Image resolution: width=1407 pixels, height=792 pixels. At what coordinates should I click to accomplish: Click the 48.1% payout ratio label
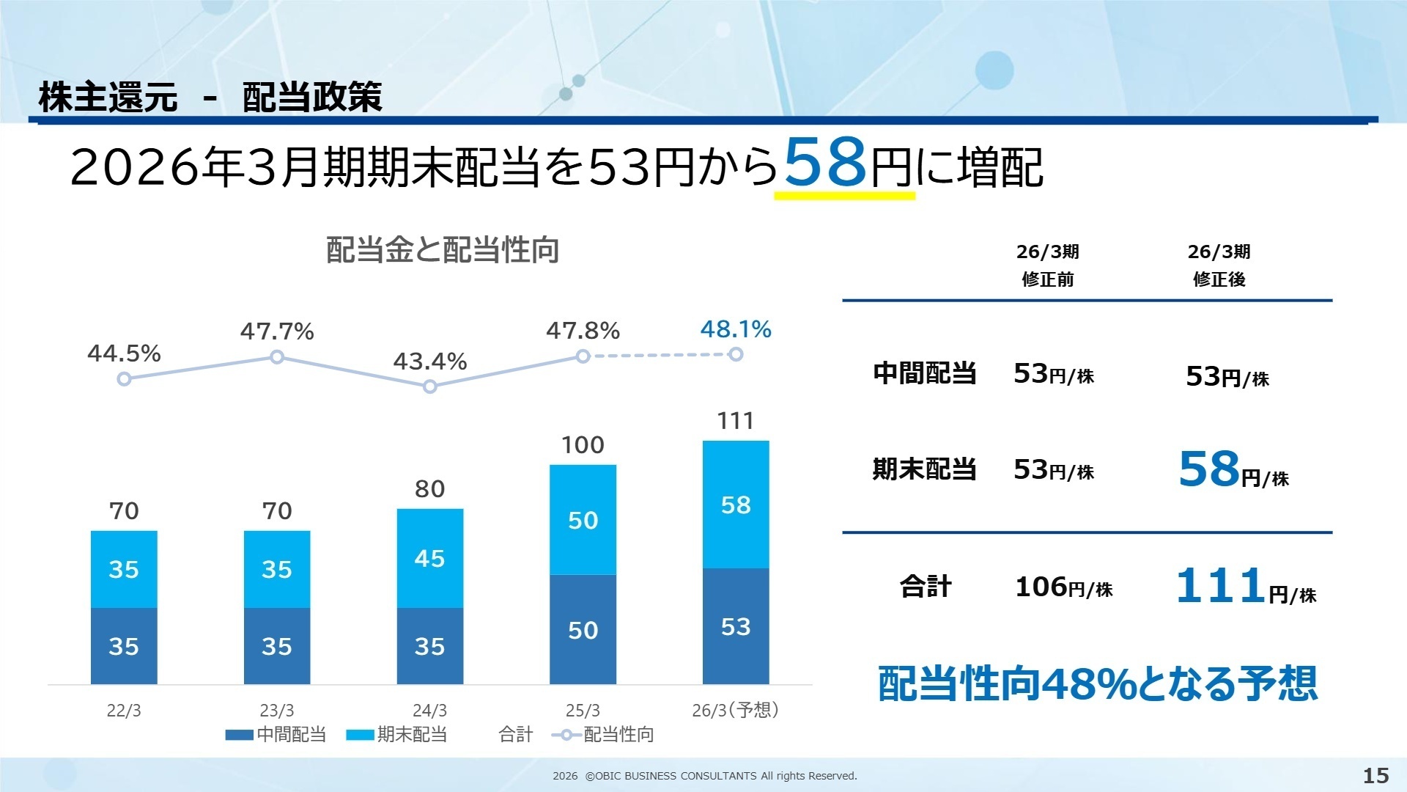[x=736, y=329]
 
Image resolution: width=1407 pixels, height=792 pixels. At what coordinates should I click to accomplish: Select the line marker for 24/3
[x=430, y=386]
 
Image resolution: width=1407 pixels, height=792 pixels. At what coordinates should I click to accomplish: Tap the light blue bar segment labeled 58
[x=736, y=505]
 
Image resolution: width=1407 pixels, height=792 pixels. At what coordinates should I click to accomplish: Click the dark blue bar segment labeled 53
[x=736, y=626]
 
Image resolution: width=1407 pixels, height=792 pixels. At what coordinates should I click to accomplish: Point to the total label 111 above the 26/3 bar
[x=736, y=421]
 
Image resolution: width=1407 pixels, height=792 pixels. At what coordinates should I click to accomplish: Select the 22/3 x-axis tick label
[x=124, y=710]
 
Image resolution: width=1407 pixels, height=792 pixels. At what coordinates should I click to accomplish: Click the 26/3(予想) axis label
[x=735, y=710]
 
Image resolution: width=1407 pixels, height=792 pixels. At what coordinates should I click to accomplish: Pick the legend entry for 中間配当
[x=276, y=734]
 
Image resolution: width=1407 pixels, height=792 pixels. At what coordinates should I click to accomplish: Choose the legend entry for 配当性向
[x=603, y=734]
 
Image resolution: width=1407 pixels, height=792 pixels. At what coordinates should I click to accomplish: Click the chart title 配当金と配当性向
[x=443, y=250]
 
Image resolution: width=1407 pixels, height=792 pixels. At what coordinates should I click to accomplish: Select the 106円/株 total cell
[x=1063, y=587]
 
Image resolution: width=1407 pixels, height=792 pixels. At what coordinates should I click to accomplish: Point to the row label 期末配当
[x=924, y=469]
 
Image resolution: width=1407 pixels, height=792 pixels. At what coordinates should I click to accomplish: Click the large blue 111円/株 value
[x=1246, y=587]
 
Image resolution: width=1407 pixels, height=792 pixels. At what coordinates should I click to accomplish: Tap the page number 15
[x=1375, y=775]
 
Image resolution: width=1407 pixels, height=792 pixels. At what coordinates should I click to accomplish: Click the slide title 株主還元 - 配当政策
[x=210, y=97]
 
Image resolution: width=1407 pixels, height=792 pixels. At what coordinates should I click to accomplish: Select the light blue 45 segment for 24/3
[x=430, y=558]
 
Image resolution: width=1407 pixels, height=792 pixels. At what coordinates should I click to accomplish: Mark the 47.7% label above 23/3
[x=277, y=331]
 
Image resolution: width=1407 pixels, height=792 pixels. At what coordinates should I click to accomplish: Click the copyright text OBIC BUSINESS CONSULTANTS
[x=704, y=776]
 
